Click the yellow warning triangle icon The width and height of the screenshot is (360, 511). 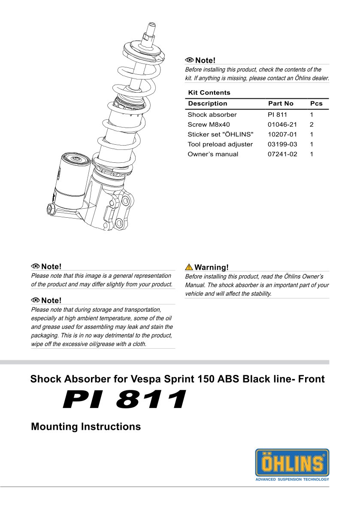(x=189, y=267)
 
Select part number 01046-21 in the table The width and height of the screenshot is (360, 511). (x=282, y=125)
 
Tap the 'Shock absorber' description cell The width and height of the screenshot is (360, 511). (x=212, y=115)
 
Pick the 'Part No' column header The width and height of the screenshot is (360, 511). (x=281, y=103)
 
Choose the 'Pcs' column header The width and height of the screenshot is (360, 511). (x=316, y=103)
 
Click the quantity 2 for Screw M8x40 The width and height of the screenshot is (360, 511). (x=312, y=125)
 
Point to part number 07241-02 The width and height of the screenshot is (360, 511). (x=282, y=154)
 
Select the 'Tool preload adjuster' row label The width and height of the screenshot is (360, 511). (x=220, y=144)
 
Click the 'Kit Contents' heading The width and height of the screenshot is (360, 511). (x=209, y=93)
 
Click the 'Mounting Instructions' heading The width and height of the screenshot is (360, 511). (x=86, y=427)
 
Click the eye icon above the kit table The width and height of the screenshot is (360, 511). (x=189, y=60)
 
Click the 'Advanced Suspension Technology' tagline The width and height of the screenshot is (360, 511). (x=292, y=479)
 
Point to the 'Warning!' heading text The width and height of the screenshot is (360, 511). (x=212, y=267)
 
